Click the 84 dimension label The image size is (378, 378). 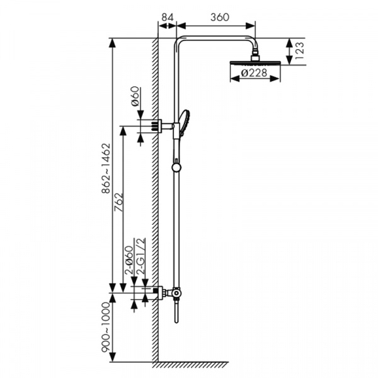[168, 17]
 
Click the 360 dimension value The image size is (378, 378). [220, 17]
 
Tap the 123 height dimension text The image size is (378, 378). [300, 51]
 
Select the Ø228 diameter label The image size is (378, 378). [254, 72]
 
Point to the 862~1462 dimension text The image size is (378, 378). [106, 168]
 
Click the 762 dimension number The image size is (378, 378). [118, 202]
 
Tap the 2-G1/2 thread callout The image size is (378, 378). [140, 256]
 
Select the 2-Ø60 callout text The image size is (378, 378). [129, 260]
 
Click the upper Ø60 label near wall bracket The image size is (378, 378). [135, 96]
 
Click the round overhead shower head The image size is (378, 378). [255, 62]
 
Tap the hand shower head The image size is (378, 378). [185, 122]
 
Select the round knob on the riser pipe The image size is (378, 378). [176, 168]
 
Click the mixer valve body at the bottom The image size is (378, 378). [176, 293]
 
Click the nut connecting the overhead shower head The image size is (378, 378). [255, 57]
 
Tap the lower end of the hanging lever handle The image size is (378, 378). [176, 321]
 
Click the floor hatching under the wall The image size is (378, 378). [190, 365]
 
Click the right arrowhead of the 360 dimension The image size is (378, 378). [251, 26]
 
